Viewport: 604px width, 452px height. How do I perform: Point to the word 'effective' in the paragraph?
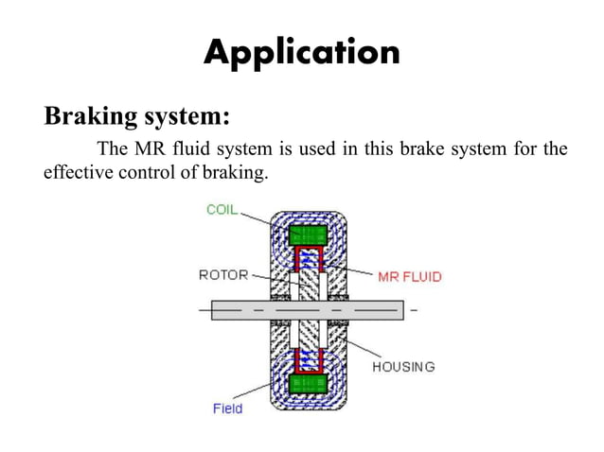(x=77, y=172)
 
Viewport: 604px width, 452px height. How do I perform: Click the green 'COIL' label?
(x=222, y=209)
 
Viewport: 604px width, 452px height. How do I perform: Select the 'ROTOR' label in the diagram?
(x=223, y=275)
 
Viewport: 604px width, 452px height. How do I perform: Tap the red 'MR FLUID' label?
(x=409, y=277)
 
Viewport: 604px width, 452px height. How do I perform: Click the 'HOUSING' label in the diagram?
(x=402, y=366)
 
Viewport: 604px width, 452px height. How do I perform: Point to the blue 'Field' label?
(x=227, y=409)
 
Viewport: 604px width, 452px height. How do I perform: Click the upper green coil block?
(x=308, y=235)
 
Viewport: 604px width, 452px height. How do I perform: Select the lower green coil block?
(x=308, y=383)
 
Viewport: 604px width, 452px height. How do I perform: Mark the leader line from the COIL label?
(x=257, y=217)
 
